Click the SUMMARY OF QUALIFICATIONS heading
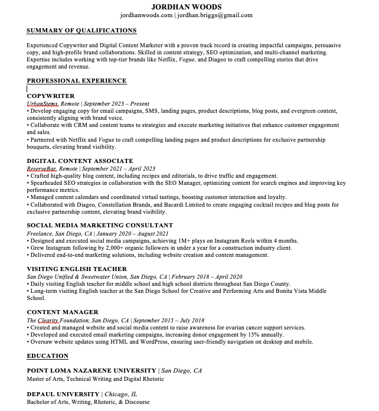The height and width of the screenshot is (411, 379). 81,30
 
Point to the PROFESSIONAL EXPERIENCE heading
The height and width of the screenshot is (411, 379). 77,81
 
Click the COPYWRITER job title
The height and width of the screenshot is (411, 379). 51,96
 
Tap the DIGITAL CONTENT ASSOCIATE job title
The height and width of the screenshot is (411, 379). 80,161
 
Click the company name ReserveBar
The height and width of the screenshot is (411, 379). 41,168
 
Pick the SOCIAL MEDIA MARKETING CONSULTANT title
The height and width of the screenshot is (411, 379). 100,225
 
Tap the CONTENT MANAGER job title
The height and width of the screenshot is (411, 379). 63,312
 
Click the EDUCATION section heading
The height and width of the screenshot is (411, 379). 48,355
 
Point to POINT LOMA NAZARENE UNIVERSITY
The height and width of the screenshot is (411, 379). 92,371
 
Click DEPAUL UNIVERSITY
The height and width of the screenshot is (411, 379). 63,394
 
